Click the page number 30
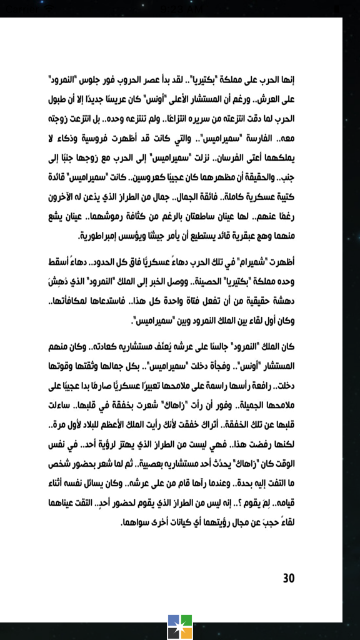(x=288, y=578)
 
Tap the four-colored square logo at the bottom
(x=180, y=627)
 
